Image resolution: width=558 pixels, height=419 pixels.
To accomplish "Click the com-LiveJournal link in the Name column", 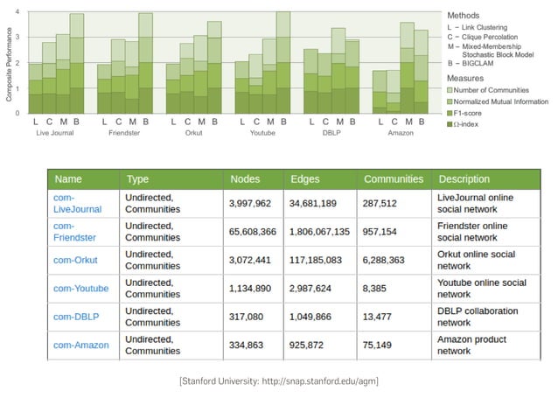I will (x=77, y=204).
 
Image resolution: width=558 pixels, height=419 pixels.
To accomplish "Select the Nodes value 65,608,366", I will (x=253, y=232).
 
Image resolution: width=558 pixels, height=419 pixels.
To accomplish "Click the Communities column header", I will (x=393, y=179).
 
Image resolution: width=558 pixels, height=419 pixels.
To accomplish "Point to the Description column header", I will (x=464, y=179).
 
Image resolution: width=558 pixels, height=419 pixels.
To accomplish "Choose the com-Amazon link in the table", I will (x=80, y=345).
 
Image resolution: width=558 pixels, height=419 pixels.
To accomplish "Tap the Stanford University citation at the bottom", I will (x=278, y=381).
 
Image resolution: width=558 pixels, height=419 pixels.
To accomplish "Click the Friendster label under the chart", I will (x=124, y=133).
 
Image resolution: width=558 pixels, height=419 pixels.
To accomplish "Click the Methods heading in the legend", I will (x=464, y=16).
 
